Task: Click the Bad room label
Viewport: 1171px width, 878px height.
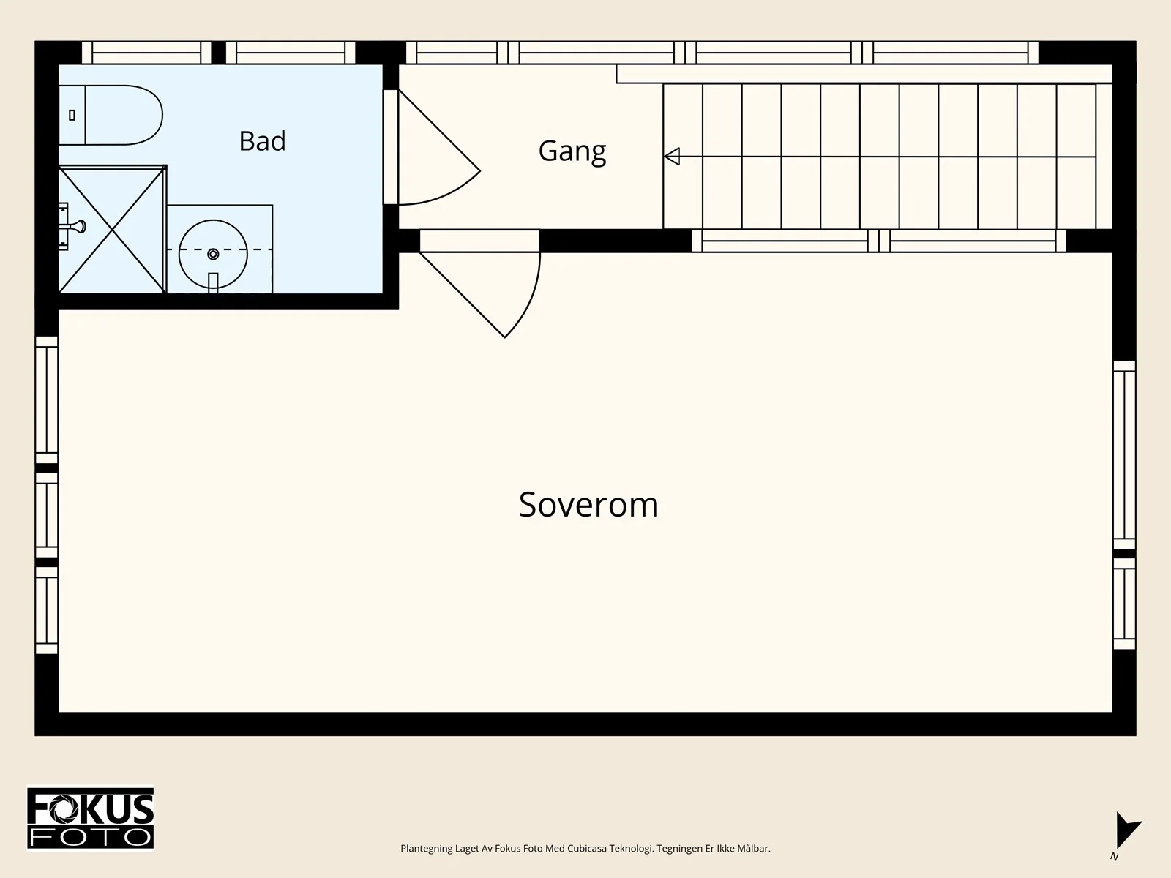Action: click(x=262, y=141)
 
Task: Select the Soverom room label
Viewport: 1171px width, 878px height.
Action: click(x=588, y=504)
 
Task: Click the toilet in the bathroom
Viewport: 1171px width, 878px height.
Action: click(x=111, y=115)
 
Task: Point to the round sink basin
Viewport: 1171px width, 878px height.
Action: click(x=213, y=255)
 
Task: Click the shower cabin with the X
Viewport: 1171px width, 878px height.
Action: click(x=112, y=229)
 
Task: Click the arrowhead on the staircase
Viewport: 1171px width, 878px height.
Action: click(x=672, y=156)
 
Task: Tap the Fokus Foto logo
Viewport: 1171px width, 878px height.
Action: click(x=90, y=818)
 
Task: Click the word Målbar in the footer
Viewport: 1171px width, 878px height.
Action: click(x=754, y=849)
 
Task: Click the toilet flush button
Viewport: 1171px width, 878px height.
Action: click(x=72, y=115)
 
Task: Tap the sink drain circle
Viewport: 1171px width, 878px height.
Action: click(x=213, y=255)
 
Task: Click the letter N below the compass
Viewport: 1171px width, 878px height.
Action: click(x=1114, y=857)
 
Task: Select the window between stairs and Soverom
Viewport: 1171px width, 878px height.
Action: click(x=879, y=241)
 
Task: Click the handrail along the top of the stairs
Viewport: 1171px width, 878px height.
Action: click(x=864, y=74)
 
